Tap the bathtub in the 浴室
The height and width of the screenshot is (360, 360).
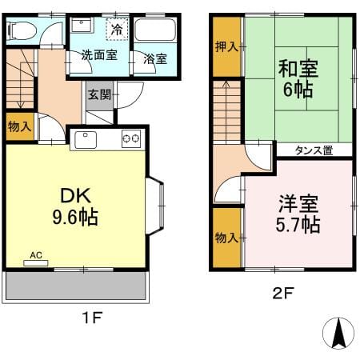[x=155, y=30]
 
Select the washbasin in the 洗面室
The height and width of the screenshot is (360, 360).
[x=82, y=26]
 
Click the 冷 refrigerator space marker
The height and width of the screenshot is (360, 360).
[x=117, y=29]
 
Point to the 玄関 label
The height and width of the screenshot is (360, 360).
[x=99, y=94]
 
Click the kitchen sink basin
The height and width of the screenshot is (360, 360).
[x=86, y=140]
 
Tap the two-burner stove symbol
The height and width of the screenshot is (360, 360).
[x=131, y=138]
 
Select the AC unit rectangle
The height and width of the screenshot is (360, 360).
[x=36, y=263]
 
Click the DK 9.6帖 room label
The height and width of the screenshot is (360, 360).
[x=75, y=206]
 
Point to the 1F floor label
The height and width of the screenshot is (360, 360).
[x=92, y=318]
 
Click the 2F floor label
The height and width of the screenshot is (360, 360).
[x=283, y=293]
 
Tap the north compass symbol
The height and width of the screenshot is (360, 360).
[x=338, y=333]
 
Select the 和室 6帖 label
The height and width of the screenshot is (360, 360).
[x=298, y=78]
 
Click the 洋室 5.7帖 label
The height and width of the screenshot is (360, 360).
[x=298, y=214]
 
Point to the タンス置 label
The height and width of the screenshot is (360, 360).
[x=314, y=150]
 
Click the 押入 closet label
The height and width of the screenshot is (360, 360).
[x=226, y=46]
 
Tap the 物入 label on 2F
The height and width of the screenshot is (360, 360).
[x=226, y=238]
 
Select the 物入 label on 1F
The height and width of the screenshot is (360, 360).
[x=20, y=126]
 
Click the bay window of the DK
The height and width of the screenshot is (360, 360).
[x=154, y=206]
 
